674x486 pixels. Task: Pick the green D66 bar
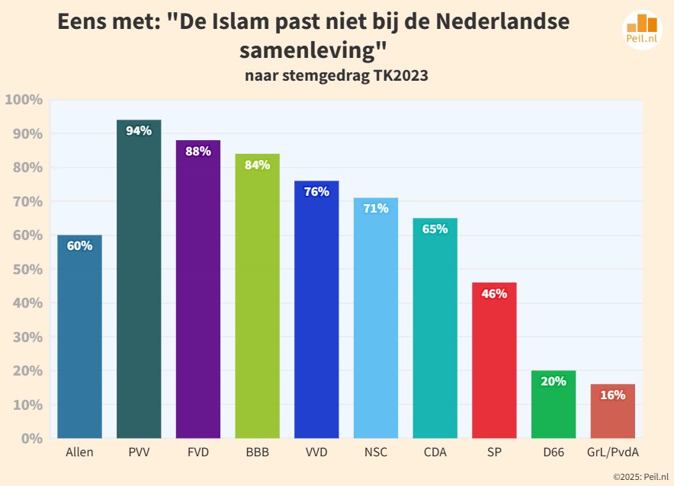coord(554,411)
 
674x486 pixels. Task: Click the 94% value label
coord(139,130)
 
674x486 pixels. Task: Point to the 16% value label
coord(612,395)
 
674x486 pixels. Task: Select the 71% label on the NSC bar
coord(376,208)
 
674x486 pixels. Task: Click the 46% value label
coord(494,293)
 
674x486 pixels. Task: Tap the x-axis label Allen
coord(79,452)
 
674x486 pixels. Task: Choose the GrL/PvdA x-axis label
coord(612,452)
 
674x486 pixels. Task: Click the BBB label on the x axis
coord(257,452)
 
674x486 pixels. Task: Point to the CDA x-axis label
coord(435,452)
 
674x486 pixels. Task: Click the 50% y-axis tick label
coord(26,270)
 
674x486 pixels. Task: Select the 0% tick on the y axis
coord(31,439)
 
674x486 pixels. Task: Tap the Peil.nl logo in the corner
coord(641,31)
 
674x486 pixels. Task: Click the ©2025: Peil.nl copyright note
coord(639,476)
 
